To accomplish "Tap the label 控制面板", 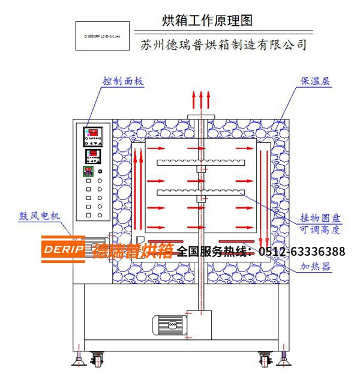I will [123, 80].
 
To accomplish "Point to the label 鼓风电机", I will [40, 215].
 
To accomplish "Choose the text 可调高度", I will [320, 230].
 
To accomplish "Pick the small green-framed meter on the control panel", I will [88, 170].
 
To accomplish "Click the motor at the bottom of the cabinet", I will [169, 324].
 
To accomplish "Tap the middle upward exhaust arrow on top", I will [201, 100].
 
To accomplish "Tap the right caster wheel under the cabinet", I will [265, 360].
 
